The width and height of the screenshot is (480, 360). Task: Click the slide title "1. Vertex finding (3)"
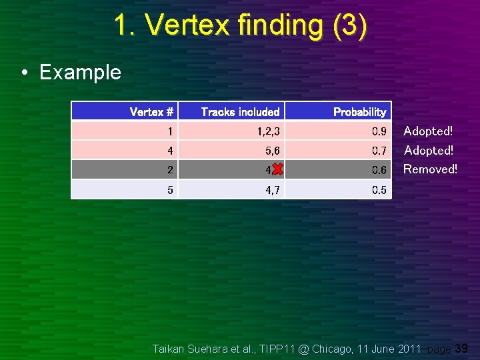coord(240,25)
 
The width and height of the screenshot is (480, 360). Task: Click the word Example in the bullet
coord(80,72)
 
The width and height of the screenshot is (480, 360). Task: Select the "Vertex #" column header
coord(151,112)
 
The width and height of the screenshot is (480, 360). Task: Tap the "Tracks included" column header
coord(240,112)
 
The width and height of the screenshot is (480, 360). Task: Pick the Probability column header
coord(359,112)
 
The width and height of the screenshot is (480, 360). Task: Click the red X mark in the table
coord(277,170)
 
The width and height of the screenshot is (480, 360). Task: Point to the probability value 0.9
coord(379,131)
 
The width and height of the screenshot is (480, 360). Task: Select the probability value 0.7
coord(379,151)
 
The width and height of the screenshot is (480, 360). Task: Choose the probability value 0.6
coord(379,170)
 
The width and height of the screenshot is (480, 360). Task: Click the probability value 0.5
coord(379,190)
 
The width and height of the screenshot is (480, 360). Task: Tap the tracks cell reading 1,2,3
coord(269,131)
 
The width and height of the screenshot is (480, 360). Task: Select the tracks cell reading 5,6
coord(271,151)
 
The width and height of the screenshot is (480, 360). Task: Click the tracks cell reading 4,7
coord(271,190)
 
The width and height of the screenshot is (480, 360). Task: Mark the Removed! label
coord(430,169)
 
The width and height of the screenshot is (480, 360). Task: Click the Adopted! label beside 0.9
coord(428,131)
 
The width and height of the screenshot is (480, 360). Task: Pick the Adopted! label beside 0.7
coord(428,151)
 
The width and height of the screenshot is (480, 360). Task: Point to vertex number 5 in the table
coord(170,190)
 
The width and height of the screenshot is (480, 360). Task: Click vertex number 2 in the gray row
coord(170,170)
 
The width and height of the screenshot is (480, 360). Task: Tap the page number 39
coord(461,348)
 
